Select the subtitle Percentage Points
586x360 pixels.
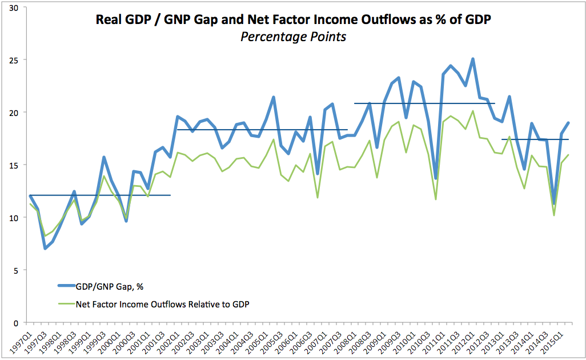292,37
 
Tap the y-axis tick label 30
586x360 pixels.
13,7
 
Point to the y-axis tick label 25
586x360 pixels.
13,60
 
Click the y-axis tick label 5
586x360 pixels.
15,270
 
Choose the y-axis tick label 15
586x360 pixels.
13,165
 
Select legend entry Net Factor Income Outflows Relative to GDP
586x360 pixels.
163,305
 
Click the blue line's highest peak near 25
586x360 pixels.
473,59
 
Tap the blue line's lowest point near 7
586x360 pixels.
45,249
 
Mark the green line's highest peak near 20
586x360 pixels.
473,111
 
